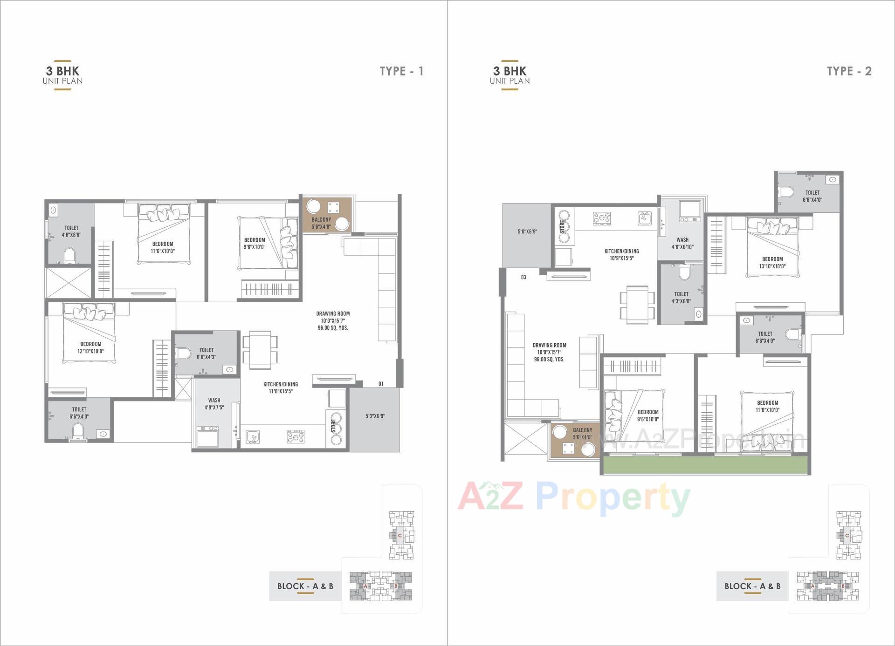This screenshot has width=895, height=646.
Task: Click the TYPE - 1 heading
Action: (401, 71)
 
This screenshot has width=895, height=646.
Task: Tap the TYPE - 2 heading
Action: (848, 71)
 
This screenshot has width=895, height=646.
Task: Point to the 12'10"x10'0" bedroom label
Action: (90, 347)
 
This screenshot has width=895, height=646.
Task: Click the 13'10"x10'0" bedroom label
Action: (772, 263)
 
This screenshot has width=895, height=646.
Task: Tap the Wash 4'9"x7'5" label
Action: (214, 404)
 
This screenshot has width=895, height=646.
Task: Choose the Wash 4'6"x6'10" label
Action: (682, 243)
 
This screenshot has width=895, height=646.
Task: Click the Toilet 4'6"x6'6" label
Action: (71, 231)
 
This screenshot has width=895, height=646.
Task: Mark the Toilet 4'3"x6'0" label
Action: (681, 298)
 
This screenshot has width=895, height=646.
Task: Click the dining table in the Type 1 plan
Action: (260, 350)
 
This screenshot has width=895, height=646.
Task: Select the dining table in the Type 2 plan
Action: (637, 304)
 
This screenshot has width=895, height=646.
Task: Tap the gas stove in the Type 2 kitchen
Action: (602, 218)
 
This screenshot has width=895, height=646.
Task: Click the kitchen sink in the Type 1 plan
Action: (252, 436)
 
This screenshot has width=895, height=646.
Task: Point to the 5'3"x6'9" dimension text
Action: (375, 416)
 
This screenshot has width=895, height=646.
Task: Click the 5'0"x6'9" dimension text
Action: (527, 231)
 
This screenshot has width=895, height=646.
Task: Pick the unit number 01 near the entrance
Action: (381, 384)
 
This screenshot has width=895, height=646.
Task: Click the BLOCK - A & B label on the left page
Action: (305, 586)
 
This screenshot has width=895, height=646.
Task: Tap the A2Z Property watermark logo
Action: (573, 497)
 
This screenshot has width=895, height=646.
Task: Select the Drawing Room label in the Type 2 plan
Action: (549, 352)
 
